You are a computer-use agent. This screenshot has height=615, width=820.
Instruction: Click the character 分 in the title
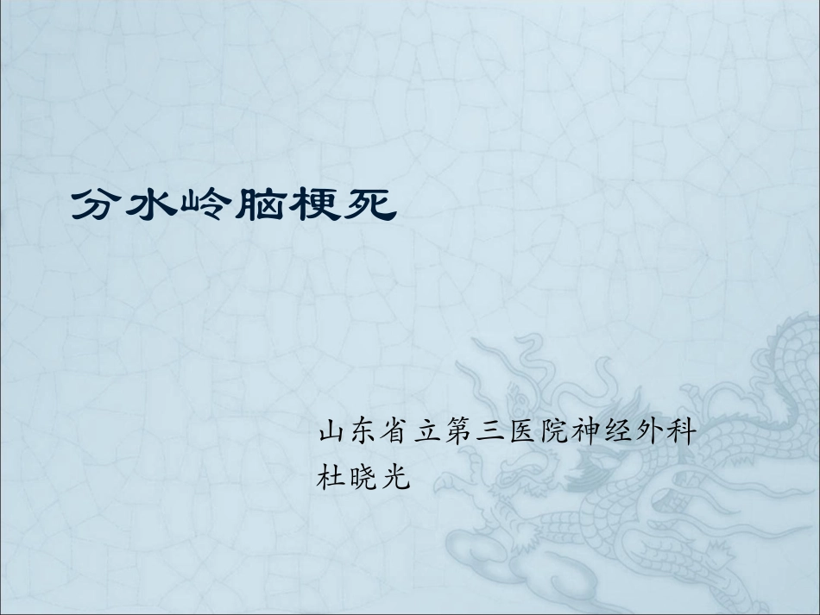tap(97, 206)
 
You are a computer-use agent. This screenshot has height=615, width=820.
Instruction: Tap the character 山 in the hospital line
tap(332, 430)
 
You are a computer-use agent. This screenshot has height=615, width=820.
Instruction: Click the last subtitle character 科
tap(677, 430)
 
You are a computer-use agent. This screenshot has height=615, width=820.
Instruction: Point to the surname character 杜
tap(332, 474)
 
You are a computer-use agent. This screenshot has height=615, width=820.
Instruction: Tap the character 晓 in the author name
tap(363, 474)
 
